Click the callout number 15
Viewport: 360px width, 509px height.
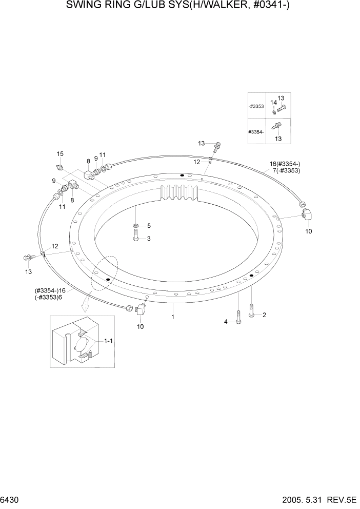[x=60, y=154]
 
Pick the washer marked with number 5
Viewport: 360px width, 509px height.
[x=135, y=226]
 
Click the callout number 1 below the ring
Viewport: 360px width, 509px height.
[x=173, y=317]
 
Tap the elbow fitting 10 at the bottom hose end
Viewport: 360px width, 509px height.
[x=140, y=310]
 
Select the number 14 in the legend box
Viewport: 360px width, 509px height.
[x=273, y=103]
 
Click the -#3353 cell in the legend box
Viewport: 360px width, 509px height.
[x=256, y=106]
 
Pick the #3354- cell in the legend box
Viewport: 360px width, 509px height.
[x=256, y=132]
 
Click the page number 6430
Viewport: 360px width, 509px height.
[x=11, y=500]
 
